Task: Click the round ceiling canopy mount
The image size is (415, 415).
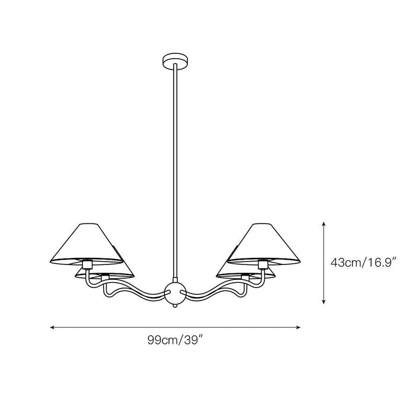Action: click(175, 62)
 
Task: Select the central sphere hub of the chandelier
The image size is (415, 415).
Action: click(175, 293)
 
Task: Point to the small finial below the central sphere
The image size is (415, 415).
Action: click(175, 306)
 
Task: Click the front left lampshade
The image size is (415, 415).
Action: click(87, 244)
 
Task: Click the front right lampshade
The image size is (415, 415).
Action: click(264, 244)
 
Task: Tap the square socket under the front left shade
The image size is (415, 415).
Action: click(87, 264)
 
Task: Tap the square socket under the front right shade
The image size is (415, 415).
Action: click(263, 264)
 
